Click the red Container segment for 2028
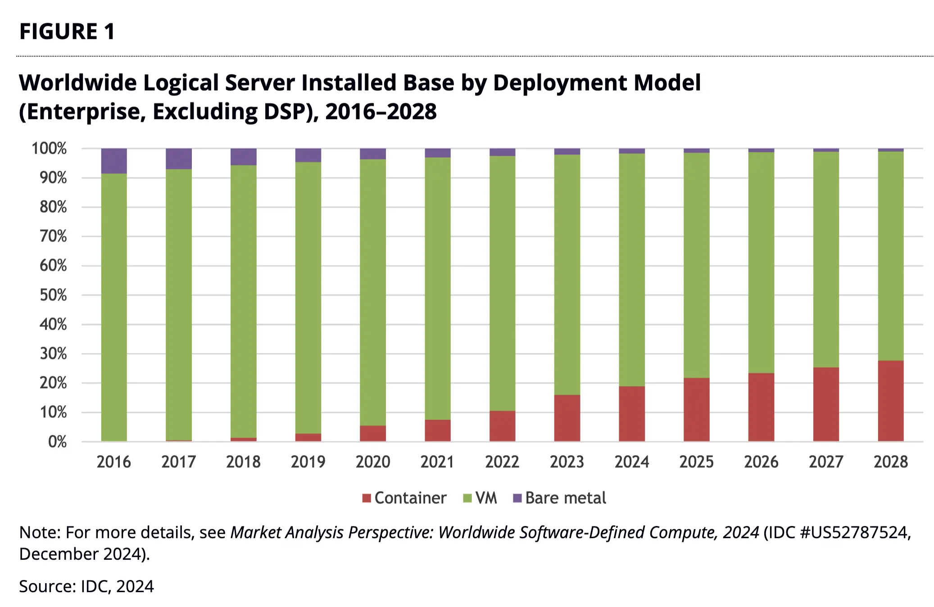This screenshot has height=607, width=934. click(x=890, y=401)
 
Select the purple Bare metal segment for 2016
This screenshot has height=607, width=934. click(x=114, y=161)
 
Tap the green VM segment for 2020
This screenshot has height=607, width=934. click(x=373, y=292)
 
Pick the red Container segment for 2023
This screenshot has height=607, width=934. click(x=567, y=418)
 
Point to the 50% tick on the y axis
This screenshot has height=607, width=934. click(x=53, y=295)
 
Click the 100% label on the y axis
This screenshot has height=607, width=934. click(x=49, y=149)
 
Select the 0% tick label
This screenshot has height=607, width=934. click(x=57, y=442)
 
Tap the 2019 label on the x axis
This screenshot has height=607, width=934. click(x=308, y=462)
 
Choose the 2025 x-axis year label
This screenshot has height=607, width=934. click(x=696, y=462)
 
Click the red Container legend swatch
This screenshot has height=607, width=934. click(x=367, y=498)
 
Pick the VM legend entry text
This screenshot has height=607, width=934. click(x=486, y=498)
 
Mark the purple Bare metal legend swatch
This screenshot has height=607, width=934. click(x=517, y=498)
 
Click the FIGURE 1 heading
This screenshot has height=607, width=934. click(x=67, y=32)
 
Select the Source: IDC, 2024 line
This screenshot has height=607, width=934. click(x=86, y=586)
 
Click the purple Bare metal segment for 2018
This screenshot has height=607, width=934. click(x=244, y=157)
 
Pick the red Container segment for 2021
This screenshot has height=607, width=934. click(x=438, y=430)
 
